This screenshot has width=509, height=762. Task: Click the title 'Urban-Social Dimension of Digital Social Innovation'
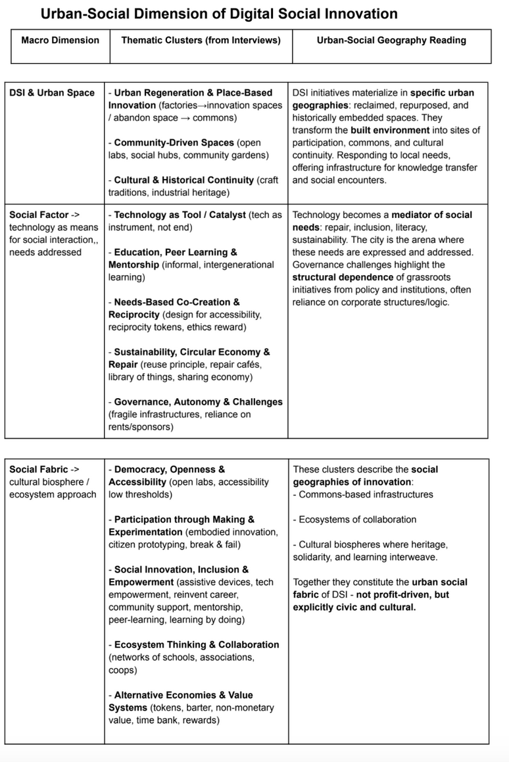click(x=219, y=14)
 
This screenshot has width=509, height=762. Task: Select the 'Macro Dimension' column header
click(x=61, y=40)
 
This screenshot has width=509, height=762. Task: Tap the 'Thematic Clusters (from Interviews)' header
click(x=201, y=40)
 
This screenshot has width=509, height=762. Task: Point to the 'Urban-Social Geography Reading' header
click(x=391, y=40)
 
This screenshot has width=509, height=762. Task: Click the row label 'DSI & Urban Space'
click(x=52, y=93)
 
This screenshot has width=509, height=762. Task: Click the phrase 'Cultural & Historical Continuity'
click(x=183, y=180)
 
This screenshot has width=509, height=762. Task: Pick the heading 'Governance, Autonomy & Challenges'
click(x=198, y=402)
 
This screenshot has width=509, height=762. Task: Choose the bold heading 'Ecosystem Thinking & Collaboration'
click(x=196, y=645)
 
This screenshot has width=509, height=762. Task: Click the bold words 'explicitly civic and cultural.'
click(x=354, y=607)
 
